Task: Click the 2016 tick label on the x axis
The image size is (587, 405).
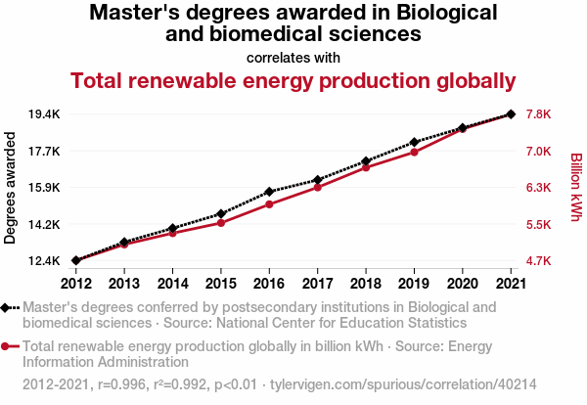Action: click(269, 284)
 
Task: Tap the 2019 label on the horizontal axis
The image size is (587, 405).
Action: click(414, 284)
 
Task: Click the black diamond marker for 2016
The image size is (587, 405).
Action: click(269, 192)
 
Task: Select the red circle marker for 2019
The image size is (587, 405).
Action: click(414, 152)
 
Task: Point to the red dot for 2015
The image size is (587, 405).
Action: click(221, 223)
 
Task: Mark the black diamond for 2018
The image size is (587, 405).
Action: click(366, 161)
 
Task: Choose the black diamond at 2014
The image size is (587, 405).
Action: click(173, 228)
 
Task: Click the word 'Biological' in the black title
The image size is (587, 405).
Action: click(447, 14)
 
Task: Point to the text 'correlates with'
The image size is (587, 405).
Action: click(293, 57)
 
